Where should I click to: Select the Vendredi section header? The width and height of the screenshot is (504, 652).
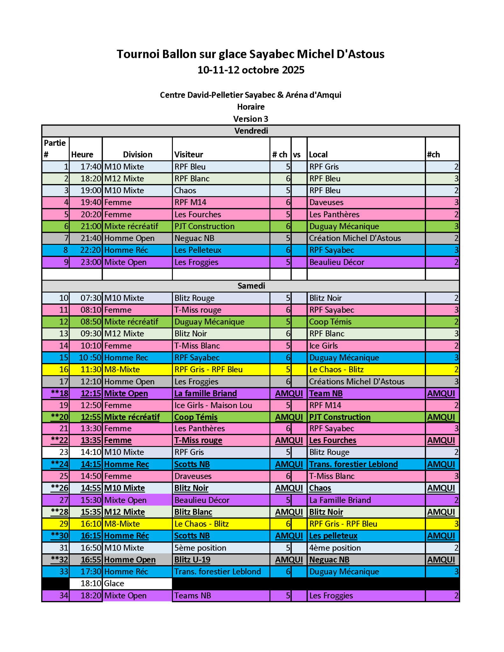pyautogui.click(x=251, y=131)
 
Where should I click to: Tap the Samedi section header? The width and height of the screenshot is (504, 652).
pyautogui.click(x=251, y=286)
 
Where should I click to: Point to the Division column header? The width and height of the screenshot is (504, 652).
pyautogui.click(x=138, y=154)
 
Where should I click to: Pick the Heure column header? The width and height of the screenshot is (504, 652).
pyautogui.click(x=82, y=154)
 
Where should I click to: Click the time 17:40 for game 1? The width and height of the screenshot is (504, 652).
pyautogui.click(x=90, y=167)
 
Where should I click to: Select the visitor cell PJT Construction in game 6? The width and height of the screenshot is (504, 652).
pyautogui.click(x=204, y=226)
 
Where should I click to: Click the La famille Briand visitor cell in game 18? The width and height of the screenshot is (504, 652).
pyautogui.click(x=205, y=393)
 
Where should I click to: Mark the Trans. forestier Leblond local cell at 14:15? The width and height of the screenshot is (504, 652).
pyautogui.click(x=353, y=464)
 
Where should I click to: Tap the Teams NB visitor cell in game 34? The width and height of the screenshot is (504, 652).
pyautogui.click(x=193, y=595)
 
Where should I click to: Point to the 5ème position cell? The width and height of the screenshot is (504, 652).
pyautogui.click(x=200, y=548)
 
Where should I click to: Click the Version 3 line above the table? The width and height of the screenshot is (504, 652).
pyautogui.click(x=251, y=119)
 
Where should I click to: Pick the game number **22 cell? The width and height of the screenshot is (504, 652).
pyautogui.click(x=60, y=440)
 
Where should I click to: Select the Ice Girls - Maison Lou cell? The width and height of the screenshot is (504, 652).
pyautogui.click(x=213, y=405)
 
